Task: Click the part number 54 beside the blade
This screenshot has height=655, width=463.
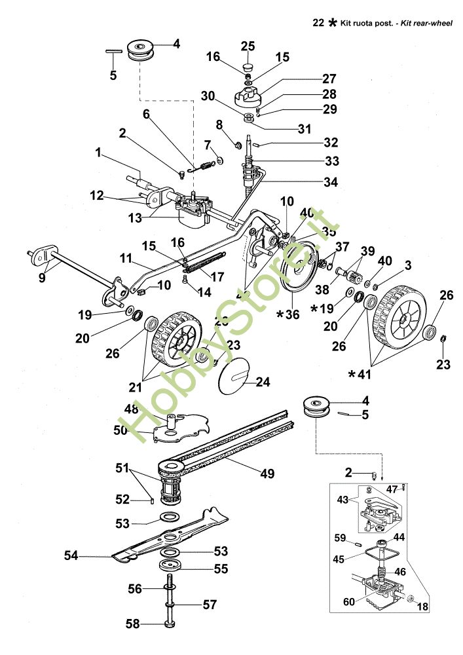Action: tap(71, 555)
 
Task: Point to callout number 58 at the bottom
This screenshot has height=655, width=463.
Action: tap(132, 624)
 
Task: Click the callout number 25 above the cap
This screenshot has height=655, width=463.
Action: tap(248, 46)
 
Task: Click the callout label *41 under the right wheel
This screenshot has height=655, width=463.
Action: tap(360, 375)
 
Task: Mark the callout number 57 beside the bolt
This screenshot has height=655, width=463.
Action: tap(209, 605)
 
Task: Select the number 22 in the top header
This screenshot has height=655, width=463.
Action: tap(319, 23)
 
